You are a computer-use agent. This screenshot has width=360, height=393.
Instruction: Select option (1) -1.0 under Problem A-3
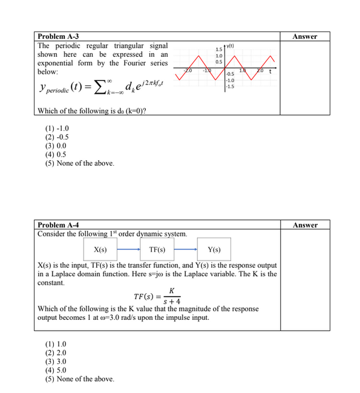click(57, 129)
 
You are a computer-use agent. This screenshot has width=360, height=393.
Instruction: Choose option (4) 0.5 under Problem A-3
click(56, 154)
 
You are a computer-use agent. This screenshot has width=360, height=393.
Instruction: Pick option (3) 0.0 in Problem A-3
click(56, 146)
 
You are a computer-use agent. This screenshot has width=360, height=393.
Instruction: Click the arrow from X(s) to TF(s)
click(129, 249)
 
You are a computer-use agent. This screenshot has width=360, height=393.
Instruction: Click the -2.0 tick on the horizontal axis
click(188, 72)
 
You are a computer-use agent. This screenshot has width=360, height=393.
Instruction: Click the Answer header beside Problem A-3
click(304, 37)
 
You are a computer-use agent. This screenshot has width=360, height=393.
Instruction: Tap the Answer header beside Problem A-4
click(304, 225)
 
